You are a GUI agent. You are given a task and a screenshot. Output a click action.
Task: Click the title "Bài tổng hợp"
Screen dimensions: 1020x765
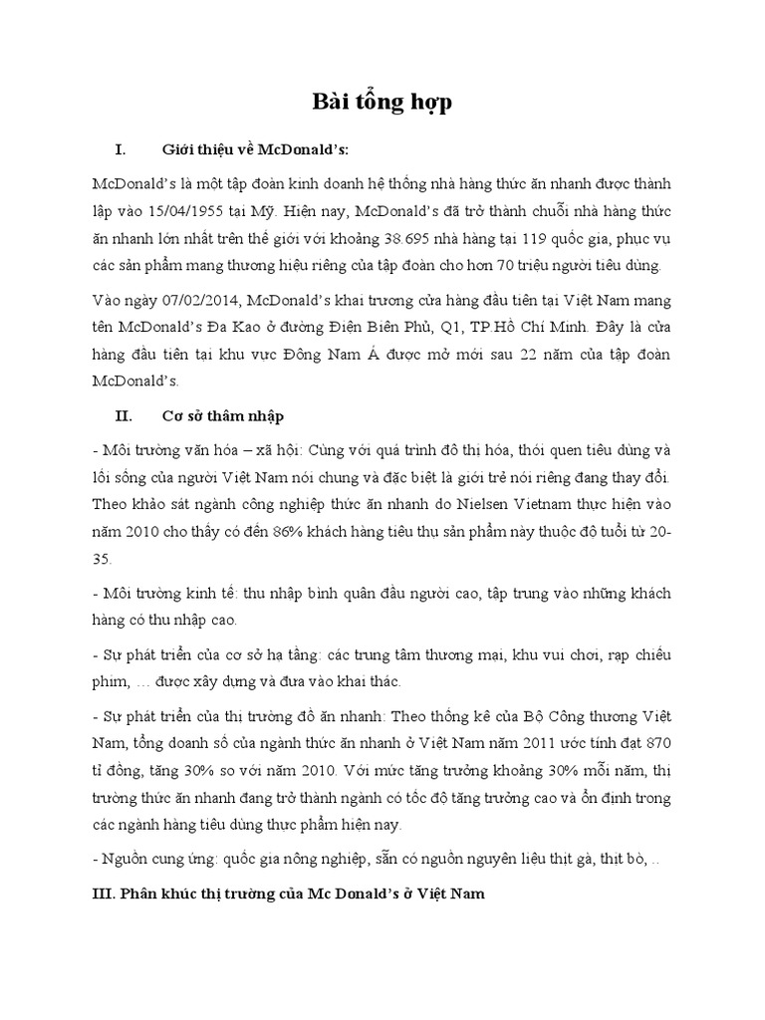tap(382, 104)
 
